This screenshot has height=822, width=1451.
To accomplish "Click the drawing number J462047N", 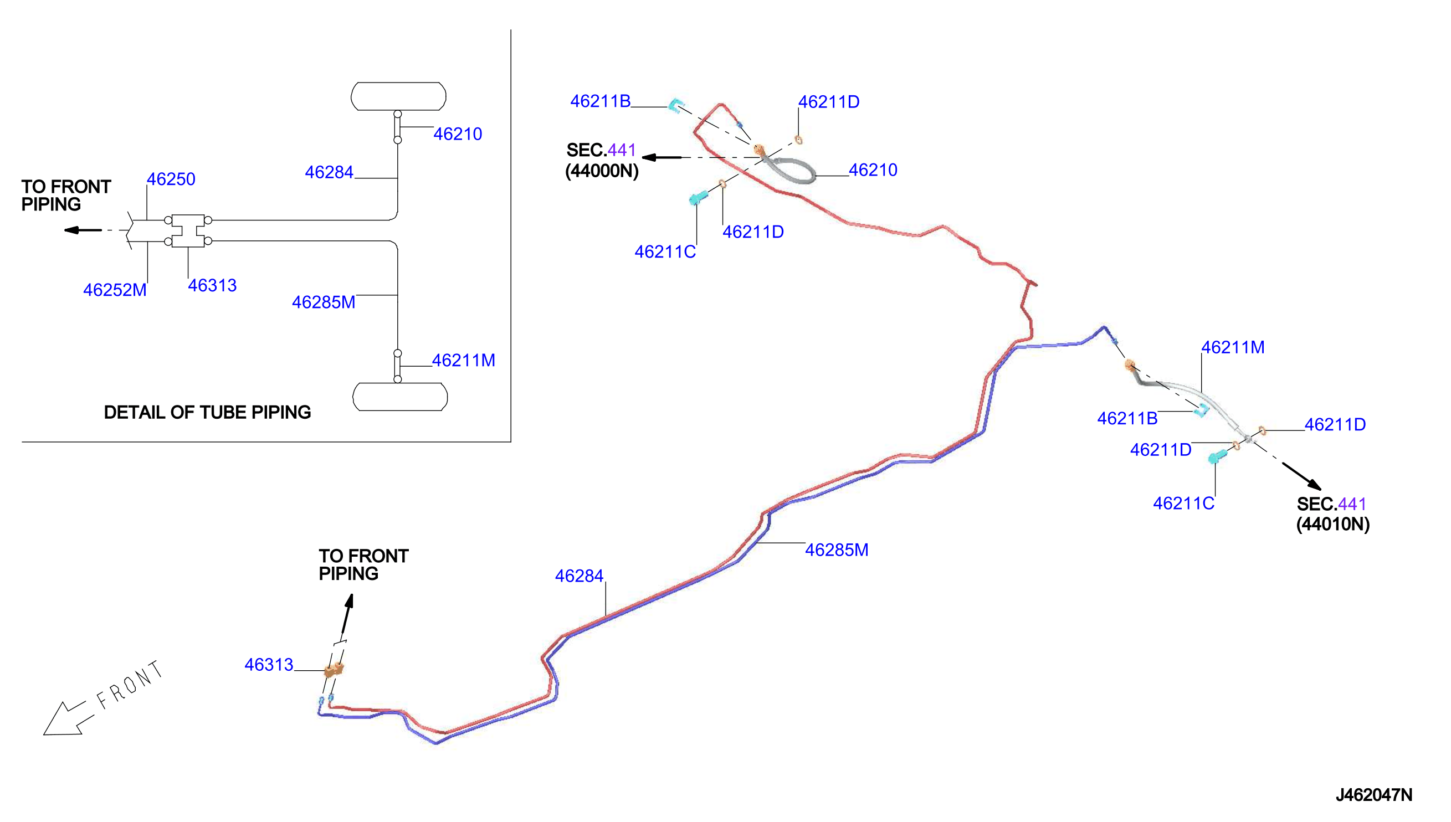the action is [x=1373, y=795].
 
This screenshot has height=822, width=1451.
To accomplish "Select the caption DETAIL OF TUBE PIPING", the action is [x=207, y=412].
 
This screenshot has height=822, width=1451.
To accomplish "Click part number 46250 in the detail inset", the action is [x=171, y=179].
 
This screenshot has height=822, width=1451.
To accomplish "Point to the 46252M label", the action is [x=115, y=290].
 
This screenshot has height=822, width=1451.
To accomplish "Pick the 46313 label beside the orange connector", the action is [x=269, y=665].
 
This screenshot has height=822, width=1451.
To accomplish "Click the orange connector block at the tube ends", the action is [x=334, y=670].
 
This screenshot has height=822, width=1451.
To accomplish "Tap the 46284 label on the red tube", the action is [x=580, y=576].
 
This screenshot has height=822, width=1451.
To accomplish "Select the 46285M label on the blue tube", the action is [x=837, y=550].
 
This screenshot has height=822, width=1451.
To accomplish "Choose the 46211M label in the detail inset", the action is [x=464, y=360].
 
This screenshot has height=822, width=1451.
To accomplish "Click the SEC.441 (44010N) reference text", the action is [x=1333, y=514].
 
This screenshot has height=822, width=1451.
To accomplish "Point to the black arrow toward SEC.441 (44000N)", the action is [x=662, y=157].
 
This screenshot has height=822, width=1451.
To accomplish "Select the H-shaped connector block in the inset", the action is [x=187, y=230].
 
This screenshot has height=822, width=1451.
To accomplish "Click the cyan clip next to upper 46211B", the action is [x=676, y=105].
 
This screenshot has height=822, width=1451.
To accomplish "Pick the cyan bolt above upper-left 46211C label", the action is [x=699, y=198].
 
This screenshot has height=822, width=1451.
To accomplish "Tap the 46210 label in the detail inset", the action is [x=458, y=134].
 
